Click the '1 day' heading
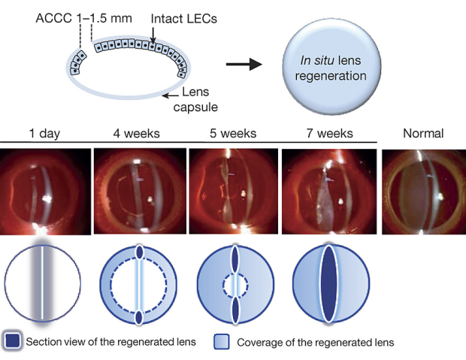(x=45, y=134)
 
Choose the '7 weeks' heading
(x=328, y=134)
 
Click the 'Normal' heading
(x=423, y=134)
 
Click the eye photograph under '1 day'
(x=45, y=191)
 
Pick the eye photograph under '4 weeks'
(x=139, y=189)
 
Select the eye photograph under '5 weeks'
(x=233, y=189)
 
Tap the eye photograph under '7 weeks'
(x=328, y=189)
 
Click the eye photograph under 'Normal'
(x=423, y=189)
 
